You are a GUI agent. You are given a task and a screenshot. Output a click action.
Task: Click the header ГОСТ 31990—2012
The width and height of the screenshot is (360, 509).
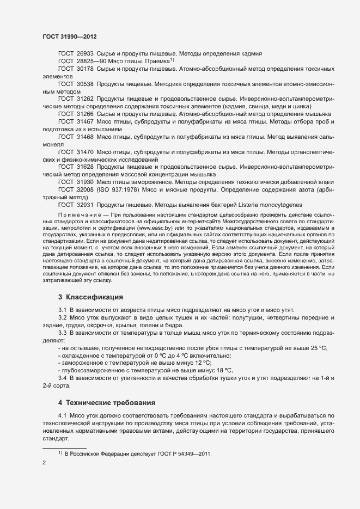coord(70,36)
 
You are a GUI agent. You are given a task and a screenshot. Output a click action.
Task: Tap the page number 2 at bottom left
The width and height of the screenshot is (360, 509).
coord(44,463)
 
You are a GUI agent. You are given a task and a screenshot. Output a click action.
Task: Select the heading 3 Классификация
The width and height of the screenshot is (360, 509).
coord(90,297)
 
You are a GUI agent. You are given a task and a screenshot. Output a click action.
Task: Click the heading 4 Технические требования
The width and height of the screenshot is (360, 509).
coord(107,403)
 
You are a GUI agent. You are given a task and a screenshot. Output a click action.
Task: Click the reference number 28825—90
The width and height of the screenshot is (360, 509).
coord(91,62)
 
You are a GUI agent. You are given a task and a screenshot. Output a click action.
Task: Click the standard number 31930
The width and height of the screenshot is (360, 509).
coord(86,182)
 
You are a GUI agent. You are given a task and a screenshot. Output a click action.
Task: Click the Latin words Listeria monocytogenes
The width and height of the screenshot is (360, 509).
coord(270,205)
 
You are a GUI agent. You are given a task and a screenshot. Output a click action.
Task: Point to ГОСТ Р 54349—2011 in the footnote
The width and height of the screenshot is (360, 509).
coord(183,453)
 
